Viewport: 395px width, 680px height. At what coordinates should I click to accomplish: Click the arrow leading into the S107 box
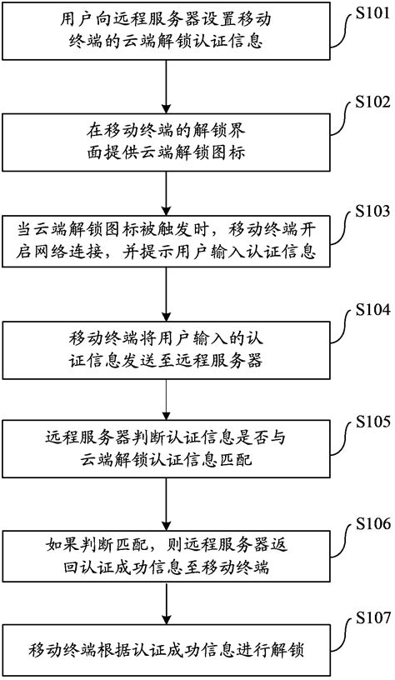pos(167,604)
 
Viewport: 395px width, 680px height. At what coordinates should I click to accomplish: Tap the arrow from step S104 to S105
pos(167,398)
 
